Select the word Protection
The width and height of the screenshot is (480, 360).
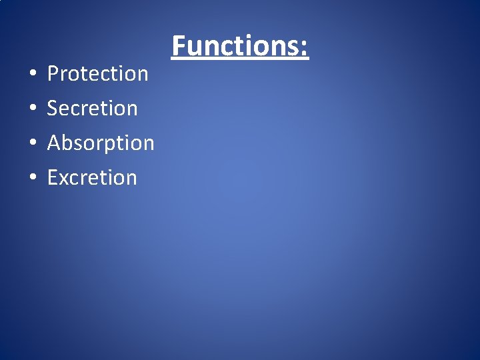pos(98,74)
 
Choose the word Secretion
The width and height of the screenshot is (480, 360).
pos(93,108)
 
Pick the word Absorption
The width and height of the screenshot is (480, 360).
pos(101,143)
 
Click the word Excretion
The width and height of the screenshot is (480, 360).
pos(92,177)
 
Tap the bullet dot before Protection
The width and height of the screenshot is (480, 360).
pos(32,74)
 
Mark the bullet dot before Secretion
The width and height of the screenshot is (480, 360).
pos(32,109)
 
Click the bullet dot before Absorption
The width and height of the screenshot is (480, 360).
pos(32,143)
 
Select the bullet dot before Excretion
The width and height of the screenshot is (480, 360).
pos(32,178)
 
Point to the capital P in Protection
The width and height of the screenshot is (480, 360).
pos(53,73)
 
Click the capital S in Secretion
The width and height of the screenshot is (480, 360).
pos(53,108)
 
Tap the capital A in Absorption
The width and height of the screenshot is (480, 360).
pos(55,143)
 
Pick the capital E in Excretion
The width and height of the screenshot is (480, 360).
pos(53,177)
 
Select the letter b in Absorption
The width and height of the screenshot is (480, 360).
pos(69,143)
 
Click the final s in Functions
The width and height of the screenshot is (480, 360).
pos(294,48)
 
